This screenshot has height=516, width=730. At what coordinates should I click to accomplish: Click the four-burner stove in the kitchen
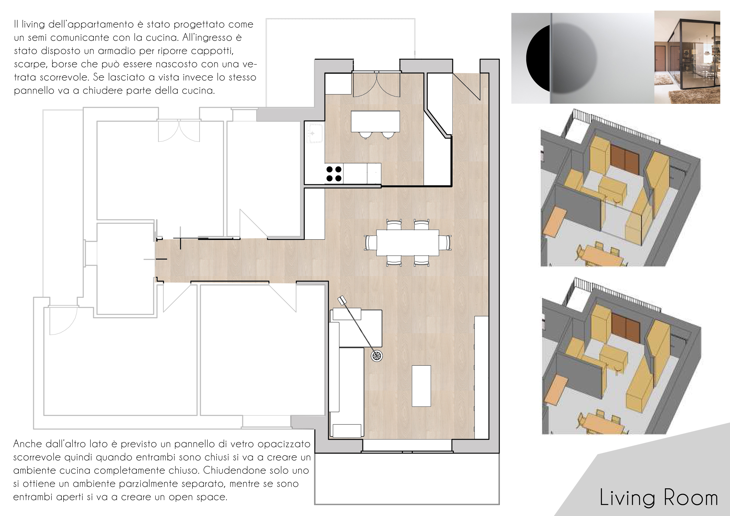334,174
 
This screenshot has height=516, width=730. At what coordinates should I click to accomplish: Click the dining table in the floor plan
408,242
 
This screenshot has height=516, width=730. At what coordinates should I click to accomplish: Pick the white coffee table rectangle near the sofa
421,386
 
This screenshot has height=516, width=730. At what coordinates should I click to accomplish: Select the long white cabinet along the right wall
481,377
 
